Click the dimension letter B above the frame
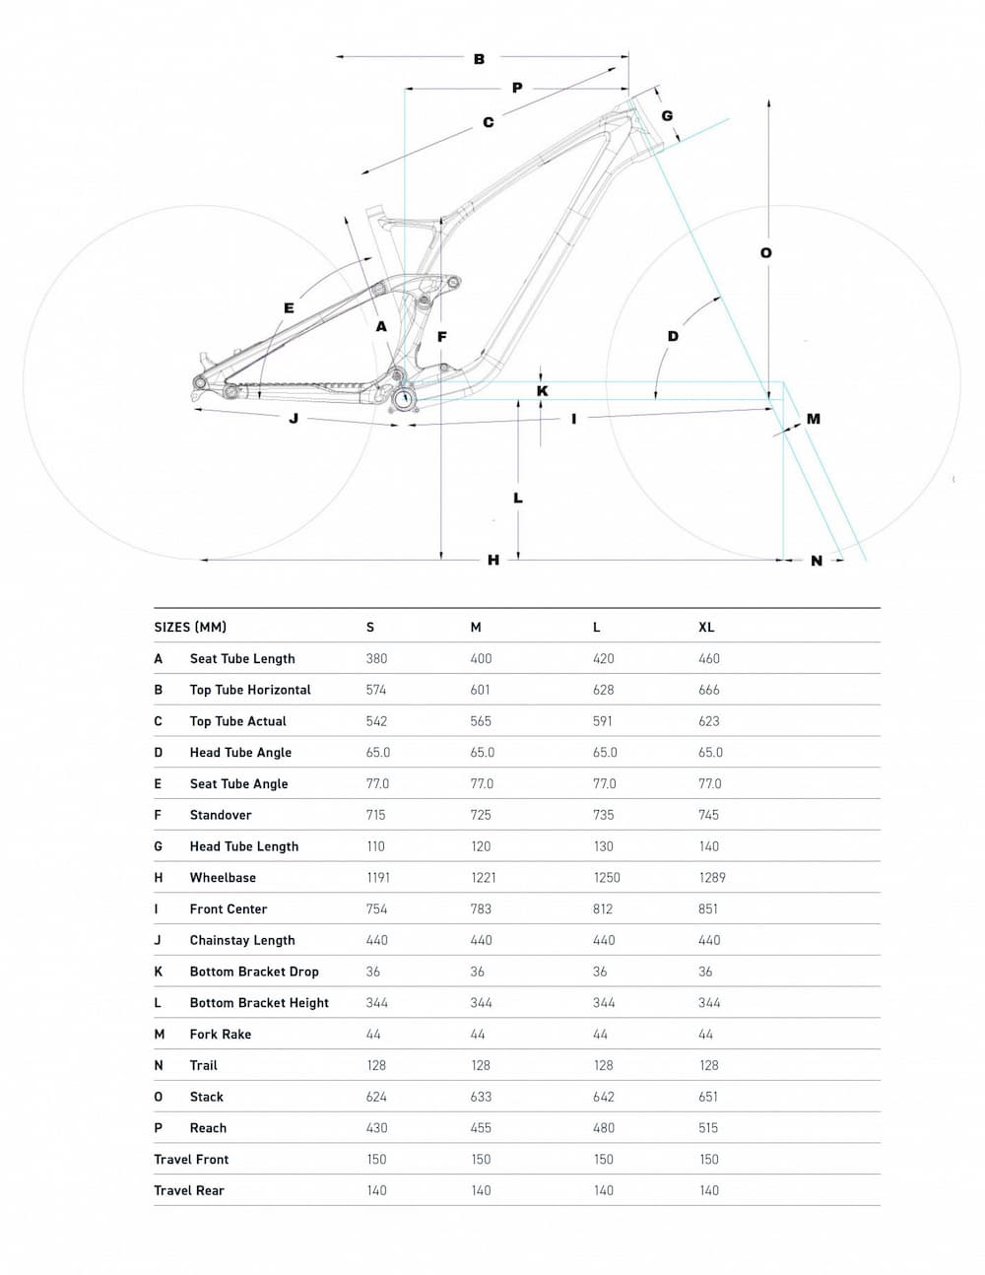[x=479, y=59]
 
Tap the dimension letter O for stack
[x=766, y=253]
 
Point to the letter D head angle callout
[x=673, y=336]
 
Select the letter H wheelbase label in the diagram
[x=493, y=560]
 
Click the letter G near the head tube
[x=667, y=116]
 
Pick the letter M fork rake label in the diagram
[x=813, y=419]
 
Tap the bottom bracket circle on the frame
[x=404, y=398]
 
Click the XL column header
[x=706, y=628]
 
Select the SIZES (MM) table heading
[x=190, y=628]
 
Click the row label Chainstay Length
[x=242, y=940]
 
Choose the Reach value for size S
[x=376, y=1128]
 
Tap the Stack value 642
[x=604, y=1097]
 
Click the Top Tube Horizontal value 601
[x=481, y=690]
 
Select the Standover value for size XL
[x=708, y=815]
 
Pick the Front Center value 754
[x=376, y=908]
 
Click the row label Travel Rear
[x=189, y=1190]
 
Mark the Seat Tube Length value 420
[x=604, y=658]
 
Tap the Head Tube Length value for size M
[x=481, y=846]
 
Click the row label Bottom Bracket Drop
[x=254, y=972]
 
